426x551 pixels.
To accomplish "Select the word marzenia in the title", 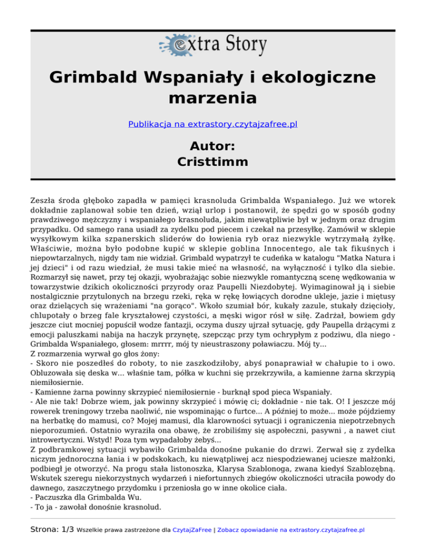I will tap(213, 99).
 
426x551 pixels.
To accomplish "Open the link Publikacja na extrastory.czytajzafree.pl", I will tap(213, 125).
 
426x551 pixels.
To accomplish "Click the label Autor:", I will tap(213, 146).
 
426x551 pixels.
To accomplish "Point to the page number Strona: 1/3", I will tap(38, 529).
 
